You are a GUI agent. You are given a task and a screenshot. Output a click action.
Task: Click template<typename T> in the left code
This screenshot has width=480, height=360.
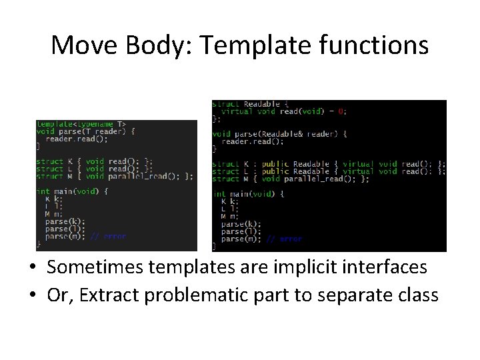pos(81,124)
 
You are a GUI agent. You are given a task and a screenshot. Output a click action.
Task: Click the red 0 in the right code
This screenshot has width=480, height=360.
pos(341,111)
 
